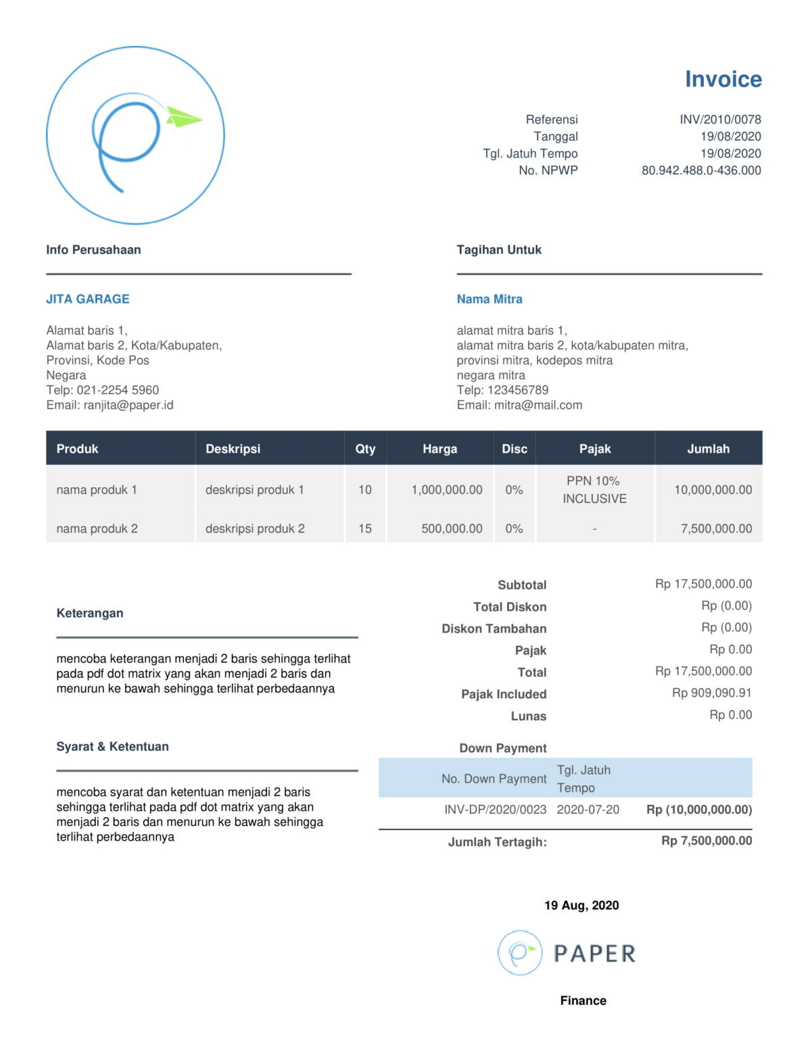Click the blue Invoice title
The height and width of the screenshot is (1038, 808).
coord(723,79)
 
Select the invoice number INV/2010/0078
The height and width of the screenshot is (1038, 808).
coord(720,120)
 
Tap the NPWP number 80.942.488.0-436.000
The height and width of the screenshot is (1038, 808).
coord(701,170)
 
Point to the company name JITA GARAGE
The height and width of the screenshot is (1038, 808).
coord(88,299)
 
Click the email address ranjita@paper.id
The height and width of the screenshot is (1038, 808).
coord(128,405)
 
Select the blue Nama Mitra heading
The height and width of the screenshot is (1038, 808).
coord(490,299)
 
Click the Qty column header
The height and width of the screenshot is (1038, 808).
coord(365,449)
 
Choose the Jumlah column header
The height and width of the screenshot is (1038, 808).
coord(708,449)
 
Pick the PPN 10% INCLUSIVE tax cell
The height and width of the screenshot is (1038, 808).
coord(594,490)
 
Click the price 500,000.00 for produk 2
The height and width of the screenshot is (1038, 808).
coord(452,528)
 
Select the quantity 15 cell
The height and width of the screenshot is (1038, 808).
coord(365,528)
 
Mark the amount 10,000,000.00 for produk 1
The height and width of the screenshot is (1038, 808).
coord(713,490)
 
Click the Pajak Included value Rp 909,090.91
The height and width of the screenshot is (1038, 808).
coord(711,693)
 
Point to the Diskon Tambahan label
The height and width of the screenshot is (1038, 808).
coord(494,628)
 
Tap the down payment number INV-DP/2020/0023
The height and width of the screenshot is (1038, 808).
coord(495,810)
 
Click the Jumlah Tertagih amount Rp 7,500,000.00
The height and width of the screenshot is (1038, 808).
coord(706,841)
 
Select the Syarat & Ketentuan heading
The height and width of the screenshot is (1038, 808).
coord(112,747)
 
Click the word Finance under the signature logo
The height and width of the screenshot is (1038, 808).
coord(583,1001)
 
